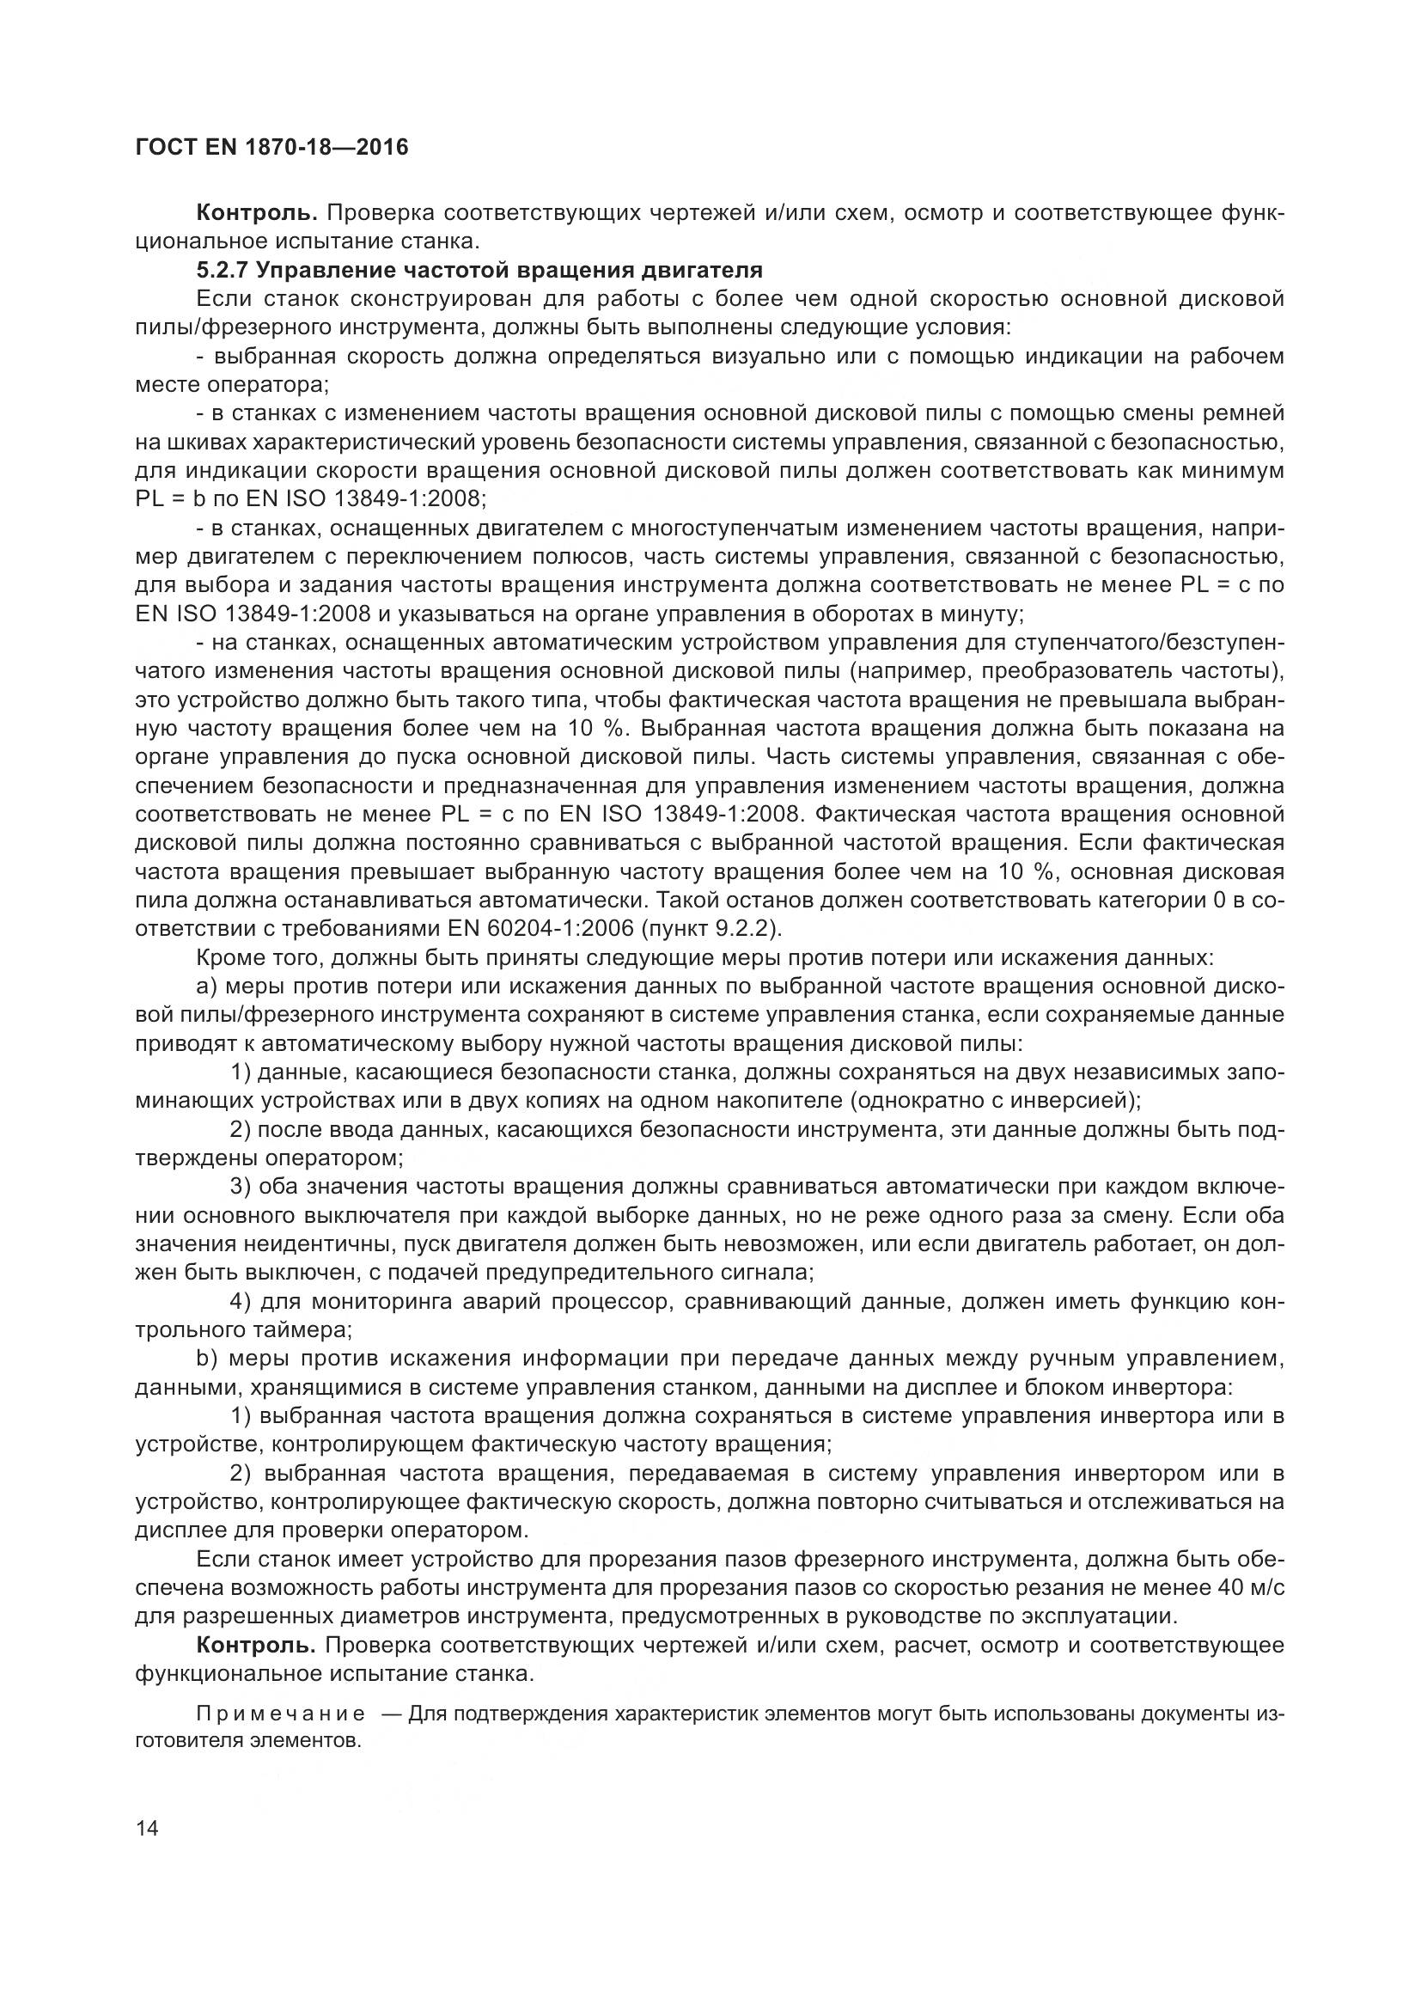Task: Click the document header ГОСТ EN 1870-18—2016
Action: coord(271,148)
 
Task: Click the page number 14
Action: coord(147,1828)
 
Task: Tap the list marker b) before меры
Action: coord(206,1359)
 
